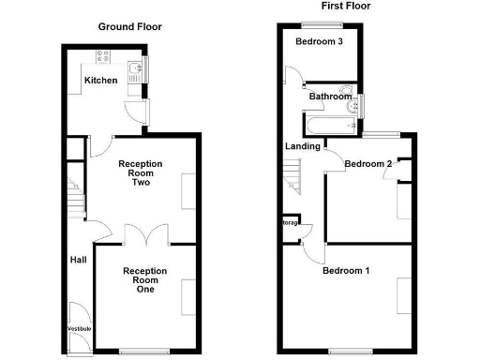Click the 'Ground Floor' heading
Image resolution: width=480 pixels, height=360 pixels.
click(130, 27)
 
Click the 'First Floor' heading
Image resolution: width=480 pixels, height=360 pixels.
click(346, 7)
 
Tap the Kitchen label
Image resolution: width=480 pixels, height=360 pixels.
click(101, 81)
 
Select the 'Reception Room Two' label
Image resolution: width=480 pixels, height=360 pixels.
click(140, 174)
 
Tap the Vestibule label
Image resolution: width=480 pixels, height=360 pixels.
click(79, 329)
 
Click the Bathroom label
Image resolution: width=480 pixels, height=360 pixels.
click(331, 97)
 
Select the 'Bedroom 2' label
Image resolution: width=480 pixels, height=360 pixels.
click(367, 164)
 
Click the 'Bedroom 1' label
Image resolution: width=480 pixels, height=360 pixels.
click(346, 272)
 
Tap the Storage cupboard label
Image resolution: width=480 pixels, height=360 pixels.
click(290, 223)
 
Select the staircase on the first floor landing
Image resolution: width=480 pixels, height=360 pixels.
click(292, 176)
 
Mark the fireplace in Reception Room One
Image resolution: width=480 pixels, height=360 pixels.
click(188, 292)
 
